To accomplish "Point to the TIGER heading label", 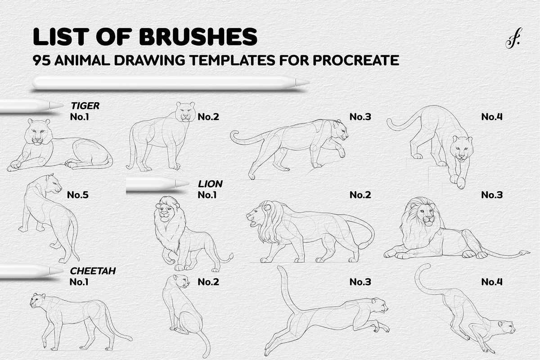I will [x=85, y=106].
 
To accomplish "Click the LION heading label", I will [x=210, y=184].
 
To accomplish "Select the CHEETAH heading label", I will [x=93, y=271].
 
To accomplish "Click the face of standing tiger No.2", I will [x=186, y=112].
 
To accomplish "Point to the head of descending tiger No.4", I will [x=461, y=149].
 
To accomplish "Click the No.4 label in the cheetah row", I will [x=491, y=282].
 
